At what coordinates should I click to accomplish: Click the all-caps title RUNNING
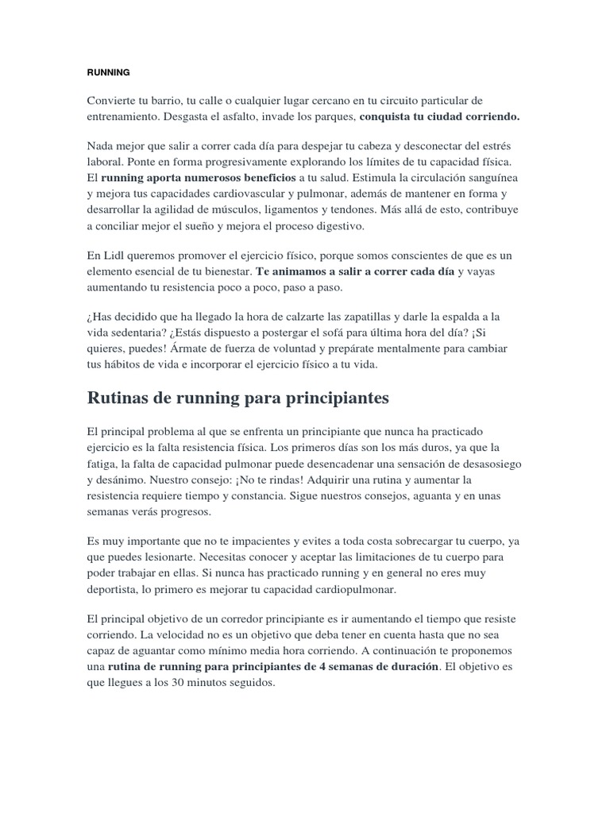tap(107, 71)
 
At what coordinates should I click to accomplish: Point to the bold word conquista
tap(386, 117)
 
